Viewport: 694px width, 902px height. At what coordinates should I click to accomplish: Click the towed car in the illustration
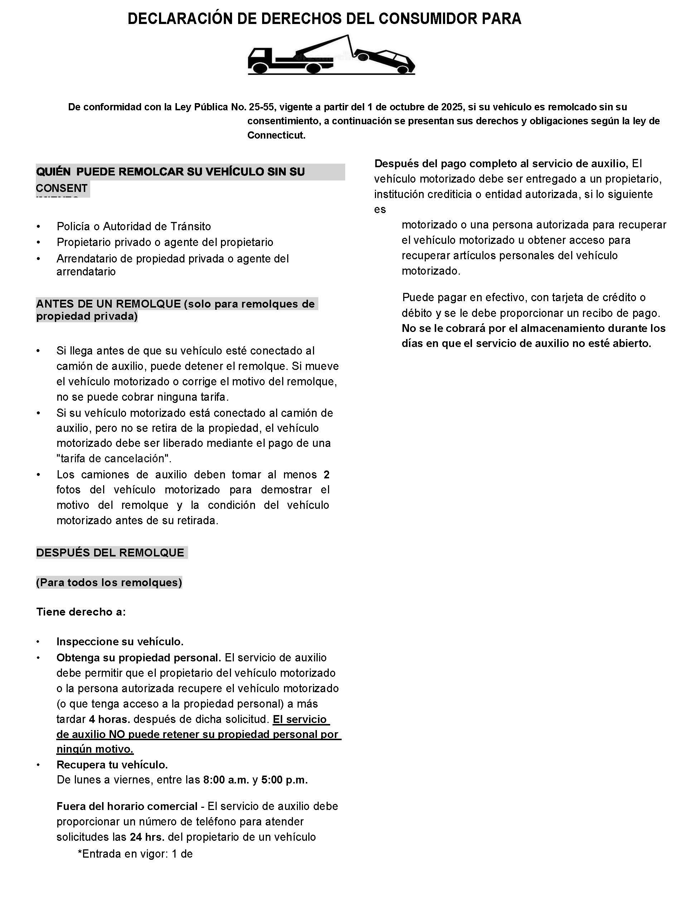pyautogui.click(x=386, y=60)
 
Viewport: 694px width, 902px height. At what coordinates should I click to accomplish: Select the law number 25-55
pyautogui.click(x=261, y=107)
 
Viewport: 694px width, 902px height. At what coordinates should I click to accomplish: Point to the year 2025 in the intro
pyautogui.click(x=452, y=107)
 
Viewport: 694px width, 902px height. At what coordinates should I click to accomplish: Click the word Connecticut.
pyautogui.click(x=276, y=135)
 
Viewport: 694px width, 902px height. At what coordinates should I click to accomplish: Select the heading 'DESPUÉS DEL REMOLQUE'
pyautogui.click(x=110, y=553)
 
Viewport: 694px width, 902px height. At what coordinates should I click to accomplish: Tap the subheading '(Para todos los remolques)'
pyautogui.click(x=109, y=582)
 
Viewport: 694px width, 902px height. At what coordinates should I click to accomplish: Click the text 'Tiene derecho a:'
pyautogui.click(x=81, y=612)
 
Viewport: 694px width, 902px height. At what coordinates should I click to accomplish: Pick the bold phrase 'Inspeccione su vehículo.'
pyautogui.click(x=120, y=641)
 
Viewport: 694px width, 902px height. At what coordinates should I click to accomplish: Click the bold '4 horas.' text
pyautogui.click(x=110, y=719)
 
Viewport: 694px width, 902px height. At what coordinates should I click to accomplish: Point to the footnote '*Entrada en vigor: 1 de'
pyautogui.click(x=135, y=854)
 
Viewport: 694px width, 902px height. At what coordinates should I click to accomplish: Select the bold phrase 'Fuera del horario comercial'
pyautogui.click(x=127, y=806)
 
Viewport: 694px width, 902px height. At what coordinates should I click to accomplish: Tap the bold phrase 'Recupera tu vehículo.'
pyautogui.click(x=112, y=764)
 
